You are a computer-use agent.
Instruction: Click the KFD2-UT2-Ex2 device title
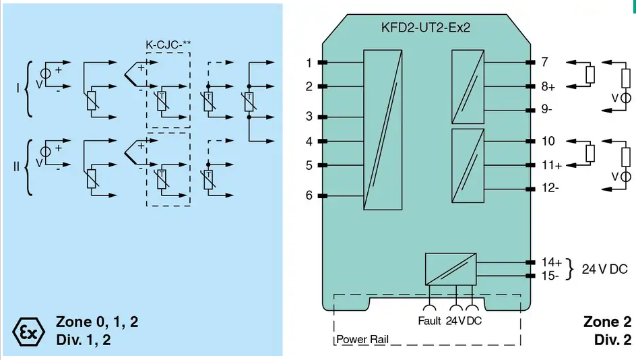pyautogui.click(x=426, y=27)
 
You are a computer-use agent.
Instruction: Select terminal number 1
pyautogui.click(x=309, y=63)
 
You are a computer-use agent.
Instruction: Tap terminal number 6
pyautogui.click(x=309, y=196)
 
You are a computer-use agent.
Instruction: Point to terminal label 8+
pyautogui.click(x=548, y=86)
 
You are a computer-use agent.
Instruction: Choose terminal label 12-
pyautogui.click(x=550, y=188)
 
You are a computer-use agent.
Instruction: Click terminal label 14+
pyautogui.click(x=552, y=262)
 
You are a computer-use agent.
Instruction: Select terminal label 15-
pyautogui.click(x=550, y=276)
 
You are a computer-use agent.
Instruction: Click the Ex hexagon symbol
pyautogui.click(x=28, y=332)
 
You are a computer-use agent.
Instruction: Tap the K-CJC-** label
pyautogui.click(x=168, y=44)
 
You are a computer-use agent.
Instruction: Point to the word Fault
pyautogui.click(x=429, y=321)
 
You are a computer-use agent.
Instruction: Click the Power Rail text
pyautogui.click(x=362, y=339)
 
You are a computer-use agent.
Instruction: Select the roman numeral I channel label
pyautogui.click(x=18, y=88)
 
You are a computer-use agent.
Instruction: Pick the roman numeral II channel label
pyautogui.click(x=16, y=167)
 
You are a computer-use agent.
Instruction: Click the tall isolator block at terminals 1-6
pyautogui.click(x=383, y=129)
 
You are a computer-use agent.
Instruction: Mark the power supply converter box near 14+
pyautogui.click(x=451, y=269)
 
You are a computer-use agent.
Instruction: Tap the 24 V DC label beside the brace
pyautogui.click(x=604, y=269)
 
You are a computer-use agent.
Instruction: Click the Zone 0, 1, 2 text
pyautogui.click(x=97, y=322)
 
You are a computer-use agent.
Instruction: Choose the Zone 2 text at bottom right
pyautogui.click(x=607, y=322)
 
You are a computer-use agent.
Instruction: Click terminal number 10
pyautogui.click(x=548, y=141)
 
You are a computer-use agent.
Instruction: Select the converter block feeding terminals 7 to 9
pyautogui.click(x=468, y=86)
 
